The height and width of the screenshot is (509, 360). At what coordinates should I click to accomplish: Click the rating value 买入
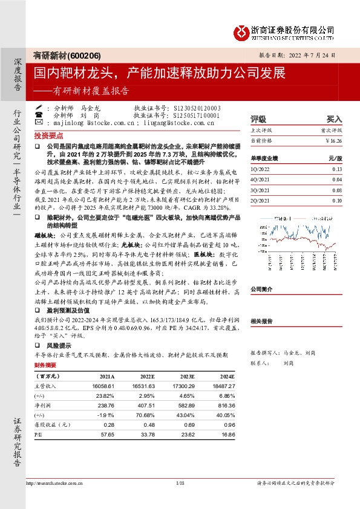[335, 120]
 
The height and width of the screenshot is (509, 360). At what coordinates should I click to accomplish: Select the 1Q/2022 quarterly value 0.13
[338, 170]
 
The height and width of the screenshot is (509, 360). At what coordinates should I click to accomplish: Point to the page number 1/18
[180, 482]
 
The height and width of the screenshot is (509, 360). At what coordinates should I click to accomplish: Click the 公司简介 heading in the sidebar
[262, 290]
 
